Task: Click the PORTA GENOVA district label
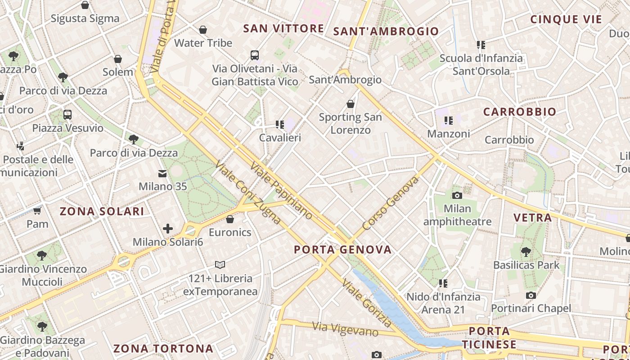[342, 250]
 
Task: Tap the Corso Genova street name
[391, 203]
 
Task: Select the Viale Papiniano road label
[281, 191]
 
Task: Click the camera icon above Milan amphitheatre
[457, 195]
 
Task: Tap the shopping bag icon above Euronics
[230, 219]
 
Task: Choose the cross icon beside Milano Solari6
[168, 229]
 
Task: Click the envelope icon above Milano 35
[162, 173]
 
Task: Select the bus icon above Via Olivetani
[255, 55]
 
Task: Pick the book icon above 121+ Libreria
[220, 265]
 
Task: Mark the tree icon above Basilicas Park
[526, 252]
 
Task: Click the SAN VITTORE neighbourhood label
[283, 29]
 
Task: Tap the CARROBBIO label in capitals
[519, 112]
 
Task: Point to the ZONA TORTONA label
[163, 348]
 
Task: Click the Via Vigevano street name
[345, 329]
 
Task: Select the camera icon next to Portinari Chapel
[531, 295]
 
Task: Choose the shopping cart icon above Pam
[37, 211]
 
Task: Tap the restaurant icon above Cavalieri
[280, 124]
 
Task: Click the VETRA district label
[532, 218]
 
